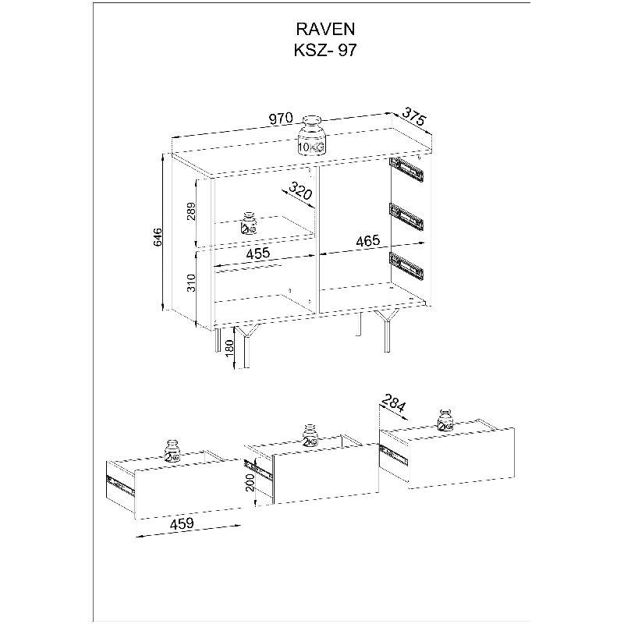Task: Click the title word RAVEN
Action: pyautogui.click(x=325, y=29)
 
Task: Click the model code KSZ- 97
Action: pyautogui.click(x=325, y=51)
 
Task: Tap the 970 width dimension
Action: pyautogui.click(x=281, y=119)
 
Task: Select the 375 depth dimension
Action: pyautogui.click(x=414, y=116)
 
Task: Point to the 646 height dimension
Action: pyautogui.click(x=158, y=237)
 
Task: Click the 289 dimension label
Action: pyautogui.click(x=192, y=211)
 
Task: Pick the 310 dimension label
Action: pyautogui.click(x=192, y=283)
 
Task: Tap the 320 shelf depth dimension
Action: pyautogui.click(x=300, y=190)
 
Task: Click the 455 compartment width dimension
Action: pyautogui.click(x=258, y=253)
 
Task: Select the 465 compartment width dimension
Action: pyautogui.click(x=368, y=240)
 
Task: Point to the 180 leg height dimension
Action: pyautogui.click(x=229, y=349)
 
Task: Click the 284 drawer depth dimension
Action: pyautogui.click(x=394, y=403)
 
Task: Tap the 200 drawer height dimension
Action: pyautogui.click(x=250, y=483)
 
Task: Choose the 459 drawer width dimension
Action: pyautogui.click(x=182, y=523)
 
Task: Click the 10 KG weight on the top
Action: pyautogui.click(x=312, y=134)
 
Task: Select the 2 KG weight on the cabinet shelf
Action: pyautogui.click(x=249, y=223)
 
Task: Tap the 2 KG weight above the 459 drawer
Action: pyautogui.click(x=172, y=452)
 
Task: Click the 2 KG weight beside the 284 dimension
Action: pyautogui.click(x=445, y=420)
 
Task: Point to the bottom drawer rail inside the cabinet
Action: pyautogui.click(x=406, y=265)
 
